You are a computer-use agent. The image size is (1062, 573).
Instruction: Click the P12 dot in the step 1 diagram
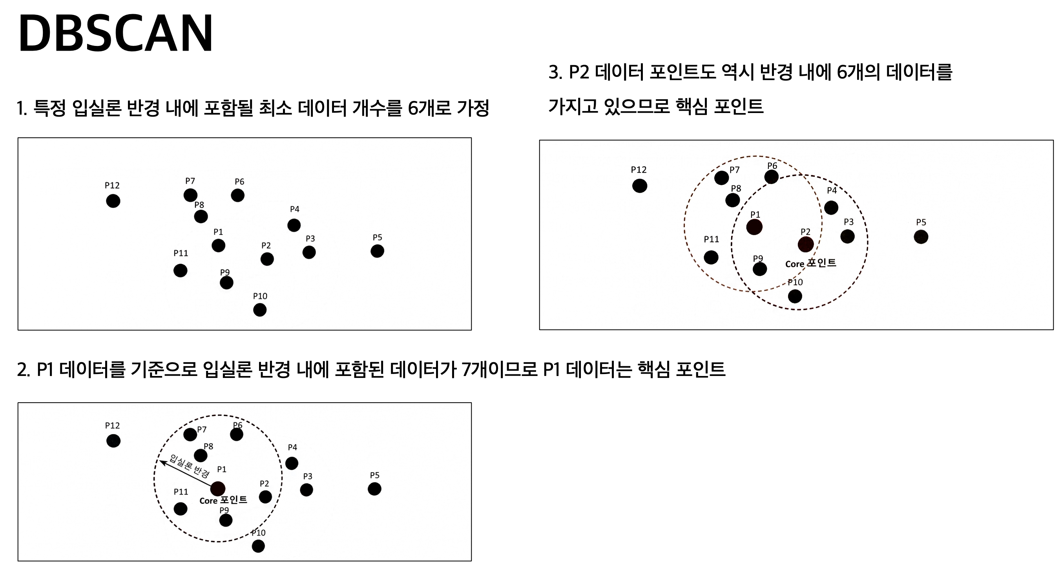point(113,201)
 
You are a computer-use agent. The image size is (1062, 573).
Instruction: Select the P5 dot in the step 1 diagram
point(377,251)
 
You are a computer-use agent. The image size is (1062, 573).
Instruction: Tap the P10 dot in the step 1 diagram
point(260,310)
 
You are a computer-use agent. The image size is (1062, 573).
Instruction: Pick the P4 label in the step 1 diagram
point(294,209)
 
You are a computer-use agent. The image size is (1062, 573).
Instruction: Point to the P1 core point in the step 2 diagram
point(218,489)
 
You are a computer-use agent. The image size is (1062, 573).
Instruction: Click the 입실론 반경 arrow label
point(189,466)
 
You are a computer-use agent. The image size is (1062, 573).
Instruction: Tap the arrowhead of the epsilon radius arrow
point(162,462)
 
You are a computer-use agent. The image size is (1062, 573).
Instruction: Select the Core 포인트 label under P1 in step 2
point(223,500)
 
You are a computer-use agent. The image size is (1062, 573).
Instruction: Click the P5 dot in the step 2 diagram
point(374,489)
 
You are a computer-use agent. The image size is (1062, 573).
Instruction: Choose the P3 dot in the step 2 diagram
point(306,490)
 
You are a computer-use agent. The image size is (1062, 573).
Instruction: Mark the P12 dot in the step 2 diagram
point(113,441)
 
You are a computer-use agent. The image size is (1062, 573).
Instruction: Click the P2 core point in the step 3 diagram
point(806,245)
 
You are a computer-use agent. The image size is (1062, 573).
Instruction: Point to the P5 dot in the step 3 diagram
point(921,237)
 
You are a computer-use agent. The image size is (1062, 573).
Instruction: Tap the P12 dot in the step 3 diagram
point(639,186)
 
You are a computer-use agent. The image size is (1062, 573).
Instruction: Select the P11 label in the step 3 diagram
point(711,239)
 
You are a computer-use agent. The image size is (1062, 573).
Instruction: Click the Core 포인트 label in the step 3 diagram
point(810,263)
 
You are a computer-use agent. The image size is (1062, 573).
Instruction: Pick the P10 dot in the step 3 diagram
point(795,296)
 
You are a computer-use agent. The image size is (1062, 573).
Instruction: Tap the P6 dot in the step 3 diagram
point(771,177)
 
